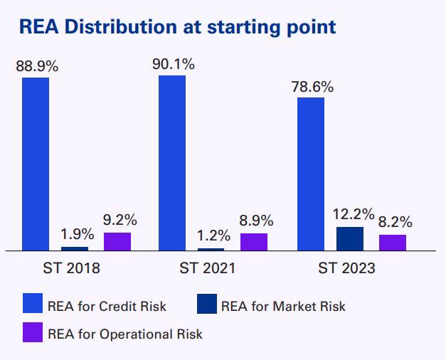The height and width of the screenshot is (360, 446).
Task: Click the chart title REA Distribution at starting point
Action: [x=177, y=28]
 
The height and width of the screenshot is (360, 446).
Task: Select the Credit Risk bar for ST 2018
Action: [x=36, y=164]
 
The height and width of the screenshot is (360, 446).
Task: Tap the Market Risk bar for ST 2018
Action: [x=75, y=248]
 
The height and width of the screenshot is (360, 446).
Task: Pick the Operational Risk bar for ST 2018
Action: [x=117, y=241]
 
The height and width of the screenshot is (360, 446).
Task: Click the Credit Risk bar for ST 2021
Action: [x=172, y=162]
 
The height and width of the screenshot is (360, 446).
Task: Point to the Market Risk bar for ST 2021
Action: [x=211, y=249]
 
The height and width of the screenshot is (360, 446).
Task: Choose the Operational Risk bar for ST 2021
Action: [x=254, y=242]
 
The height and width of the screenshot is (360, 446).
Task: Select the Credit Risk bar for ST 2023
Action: [x=311, y=174]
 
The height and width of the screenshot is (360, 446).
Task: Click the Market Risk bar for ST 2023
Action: [x=349, y=238]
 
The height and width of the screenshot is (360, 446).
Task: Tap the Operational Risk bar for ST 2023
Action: [x=392, y=243]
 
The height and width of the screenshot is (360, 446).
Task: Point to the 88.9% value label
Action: [x=37, y=67]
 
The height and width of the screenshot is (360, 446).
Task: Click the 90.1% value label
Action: [x=173, y=64]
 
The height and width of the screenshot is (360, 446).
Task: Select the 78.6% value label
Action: [x=312, y=87]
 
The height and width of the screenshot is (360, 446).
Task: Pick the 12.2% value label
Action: [x=350, y=214]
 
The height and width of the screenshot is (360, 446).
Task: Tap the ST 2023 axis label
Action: [x=347, y=269]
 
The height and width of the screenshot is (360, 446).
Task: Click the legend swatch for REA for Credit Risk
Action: [x=33, y=306]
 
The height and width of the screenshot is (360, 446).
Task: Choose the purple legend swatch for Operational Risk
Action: [x=33, y=333]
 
